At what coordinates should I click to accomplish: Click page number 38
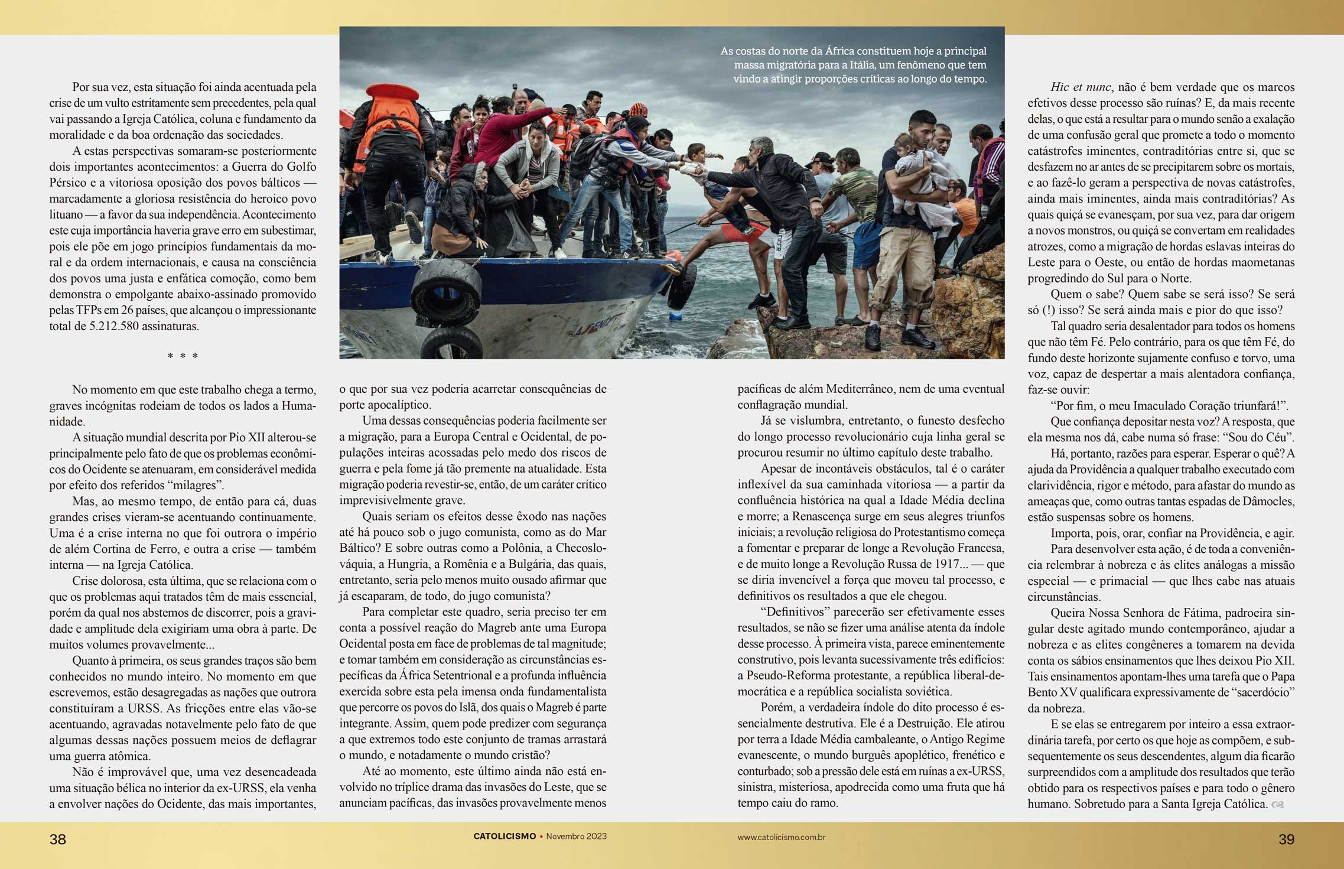click(57, 839)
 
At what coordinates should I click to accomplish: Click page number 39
click(1286, 839)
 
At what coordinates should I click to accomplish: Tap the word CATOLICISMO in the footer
click(505, 837)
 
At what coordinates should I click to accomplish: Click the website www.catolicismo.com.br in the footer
click(781, 837)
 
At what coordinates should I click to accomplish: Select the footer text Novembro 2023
click(576, 837)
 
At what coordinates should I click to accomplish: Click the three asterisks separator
click(183, 356)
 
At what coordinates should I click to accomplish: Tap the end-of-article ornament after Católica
click(1277, 805)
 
